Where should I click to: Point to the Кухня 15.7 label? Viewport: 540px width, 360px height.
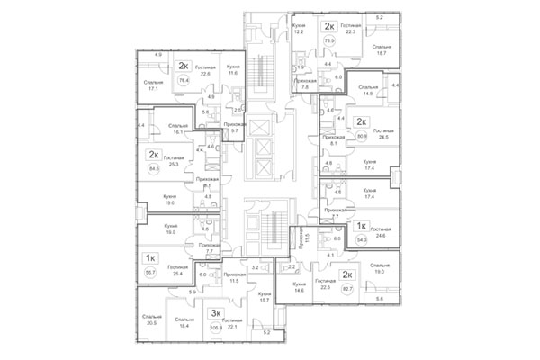click(263, 297)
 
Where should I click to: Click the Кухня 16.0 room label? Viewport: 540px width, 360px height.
click(170, 229)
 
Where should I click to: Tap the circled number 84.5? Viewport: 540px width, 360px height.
click(152, 167)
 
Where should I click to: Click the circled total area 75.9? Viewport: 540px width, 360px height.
click(329, 40)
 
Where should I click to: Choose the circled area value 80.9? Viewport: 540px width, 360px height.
click(362, 137)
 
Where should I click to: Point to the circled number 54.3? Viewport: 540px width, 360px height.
click(362, 240)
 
